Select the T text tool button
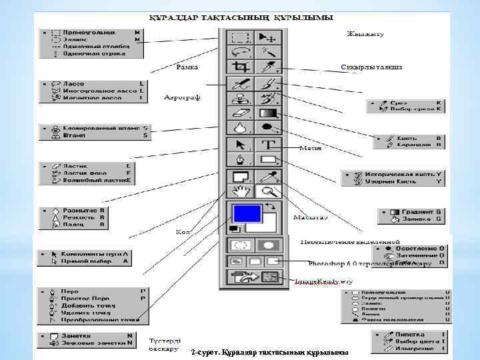click(269, 144)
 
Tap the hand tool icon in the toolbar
click(240, 192)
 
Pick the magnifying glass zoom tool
click(269, 192)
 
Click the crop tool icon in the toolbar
click(240, 67)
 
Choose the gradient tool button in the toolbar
click(269, 113)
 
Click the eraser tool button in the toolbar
click(240, 113)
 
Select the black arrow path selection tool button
click(240, 144)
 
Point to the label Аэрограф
click(182, 98)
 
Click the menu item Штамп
click(73, 135)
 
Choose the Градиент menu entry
click(417, 211)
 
